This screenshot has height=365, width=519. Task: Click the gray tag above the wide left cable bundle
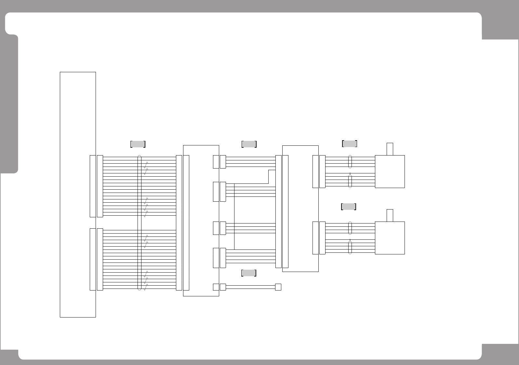pos(138,144)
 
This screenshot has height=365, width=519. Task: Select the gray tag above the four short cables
pos(249,144)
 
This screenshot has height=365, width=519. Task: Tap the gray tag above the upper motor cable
pos(350,143)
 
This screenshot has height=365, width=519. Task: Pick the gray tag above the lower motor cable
pos(348,207)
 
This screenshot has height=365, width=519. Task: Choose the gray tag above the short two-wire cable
pos(248,273)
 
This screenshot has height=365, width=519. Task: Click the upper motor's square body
pos(390,171)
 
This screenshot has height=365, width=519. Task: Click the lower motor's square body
pos(390,238)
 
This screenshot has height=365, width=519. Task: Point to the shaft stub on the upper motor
pos(390,149)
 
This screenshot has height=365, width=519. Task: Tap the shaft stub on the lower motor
pos(390,215)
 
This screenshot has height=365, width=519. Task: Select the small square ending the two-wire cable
pos(278,287)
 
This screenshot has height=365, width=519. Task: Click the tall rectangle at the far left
pos(78,194)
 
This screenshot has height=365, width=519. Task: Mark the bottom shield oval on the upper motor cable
pos(350,181)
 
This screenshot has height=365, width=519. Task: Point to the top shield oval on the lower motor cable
pos(350,228)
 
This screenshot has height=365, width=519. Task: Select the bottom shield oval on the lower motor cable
pos(350,248)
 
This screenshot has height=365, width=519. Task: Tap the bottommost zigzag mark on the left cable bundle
pos(146,287)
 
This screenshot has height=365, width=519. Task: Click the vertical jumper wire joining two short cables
pos(234,216)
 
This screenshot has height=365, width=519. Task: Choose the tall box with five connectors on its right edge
pos(201,221)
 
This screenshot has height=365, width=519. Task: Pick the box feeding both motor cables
pos(300,208)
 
